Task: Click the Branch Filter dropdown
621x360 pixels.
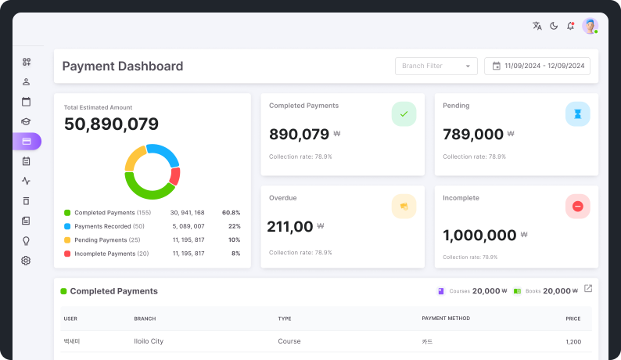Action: (x=436, y=67)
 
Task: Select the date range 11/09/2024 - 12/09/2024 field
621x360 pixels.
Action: (x=537, y=67)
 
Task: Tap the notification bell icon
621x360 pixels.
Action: (x=570, y=26)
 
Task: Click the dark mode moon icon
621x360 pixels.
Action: (x=554, y=26)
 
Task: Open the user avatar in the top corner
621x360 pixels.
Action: (x=590, y=26)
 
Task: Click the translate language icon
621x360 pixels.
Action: (x=537, y=26)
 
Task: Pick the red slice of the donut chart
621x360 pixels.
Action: (x=175, y=176)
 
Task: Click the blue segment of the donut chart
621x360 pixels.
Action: (x=165, y=153)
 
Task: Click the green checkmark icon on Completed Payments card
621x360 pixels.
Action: (x=404, y=114)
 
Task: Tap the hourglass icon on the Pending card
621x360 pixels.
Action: (x=578, y=114)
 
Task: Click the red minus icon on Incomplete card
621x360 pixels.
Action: (x=578, y=206)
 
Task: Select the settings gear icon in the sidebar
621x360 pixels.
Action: (x=26, y=261)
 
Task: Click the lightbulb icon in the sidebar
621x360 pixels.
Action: (x=26, y=241)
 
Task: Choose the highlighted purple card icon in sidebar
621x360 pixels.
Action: (x=27, y=142)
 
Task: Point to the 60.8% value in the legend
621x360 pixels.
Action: (x=232, y=213)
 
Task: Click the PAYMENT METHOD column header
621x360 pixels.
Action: (x=446, y=319)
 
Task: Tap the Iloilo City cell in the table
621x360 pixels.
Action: (x=149, y=341)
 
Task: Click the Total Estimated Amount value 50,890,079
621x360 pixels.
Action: (x=111, y=124)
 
